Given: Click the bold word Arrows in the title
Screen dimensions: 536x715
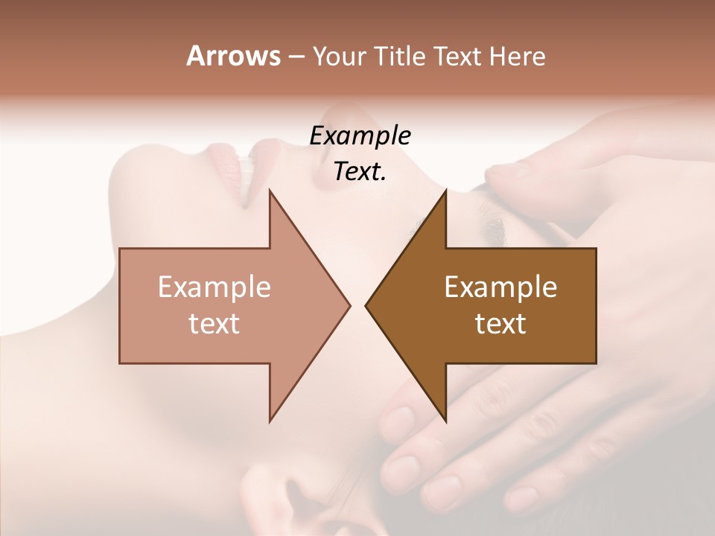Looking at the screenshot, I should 232,57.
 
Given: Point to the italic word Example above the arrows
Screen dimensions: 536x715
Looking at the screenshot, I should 360,135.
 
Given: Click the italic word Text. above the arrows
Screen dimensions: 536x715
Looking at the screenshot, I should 360,171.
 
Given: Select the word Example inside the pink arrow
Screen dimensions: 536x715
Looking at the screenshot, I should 214,287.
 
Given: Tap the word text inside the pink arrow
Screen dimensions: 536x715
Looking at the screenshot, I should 214,324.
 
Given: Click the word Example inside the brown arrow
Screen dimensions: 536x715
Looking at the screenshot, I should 500,287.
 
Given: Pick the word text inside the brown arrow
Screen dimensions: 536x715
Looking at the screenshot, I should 500,324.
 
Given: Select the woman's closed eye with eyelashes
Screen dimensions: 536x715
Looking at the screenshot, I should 484,216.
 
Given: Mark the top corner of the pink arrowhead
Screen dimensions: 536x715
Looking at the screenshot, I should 270,191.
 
